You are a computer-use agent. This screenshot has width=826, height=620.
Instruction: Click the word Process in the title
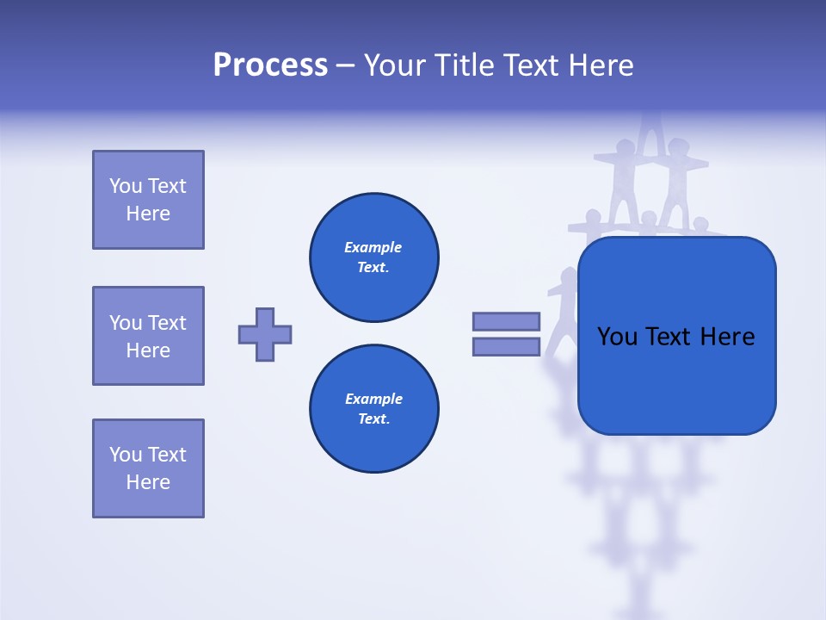(270, 65)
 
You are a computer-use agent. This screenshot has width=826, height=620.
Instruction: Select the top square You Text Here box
(148, 200)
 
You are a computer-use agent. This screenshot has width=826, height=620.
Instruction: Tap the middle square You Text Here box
(148, 336)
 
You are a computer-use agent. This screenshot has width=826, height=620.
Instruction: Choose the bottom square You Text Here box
(148, 468)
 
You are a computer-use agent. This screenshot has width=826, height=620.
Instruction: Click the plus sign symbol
(265, 334)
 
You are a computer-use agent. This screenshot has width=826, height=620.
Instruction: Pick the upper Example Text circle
(374, 257)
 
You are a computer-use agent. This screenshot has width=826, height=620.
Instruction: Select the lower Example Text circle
(374, 408)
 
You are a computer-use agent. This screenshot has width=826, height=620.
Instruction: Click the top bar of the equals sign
(506, 321)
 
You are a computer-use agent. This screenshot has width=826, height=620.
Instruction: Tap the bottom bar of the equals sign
(506, 346)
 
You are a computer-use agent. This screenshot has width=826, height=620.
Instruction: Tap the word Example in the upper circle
(373, 247)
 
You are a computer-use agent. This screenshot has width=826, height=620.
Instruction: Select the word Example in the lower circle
(373, 399)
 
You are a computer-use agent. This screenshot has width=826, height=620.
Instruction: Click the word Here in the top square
(148, 214)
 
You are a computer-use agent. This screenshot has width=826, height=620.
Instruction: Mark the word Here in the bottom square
(148, 482)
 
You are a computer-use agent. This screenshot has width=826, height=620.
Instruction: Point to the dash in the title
(345, 65)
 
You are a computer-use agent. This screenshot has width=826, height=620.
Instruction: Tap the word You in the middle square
(124, 323)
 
